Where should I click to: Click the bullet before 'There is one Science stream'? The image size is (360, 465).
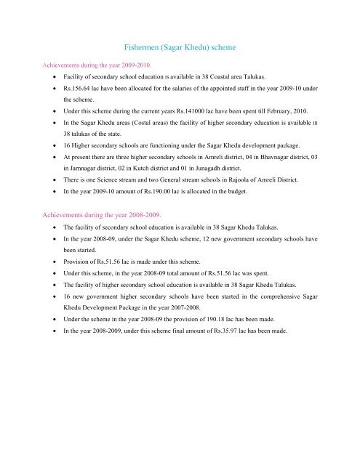pos(55,227)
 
